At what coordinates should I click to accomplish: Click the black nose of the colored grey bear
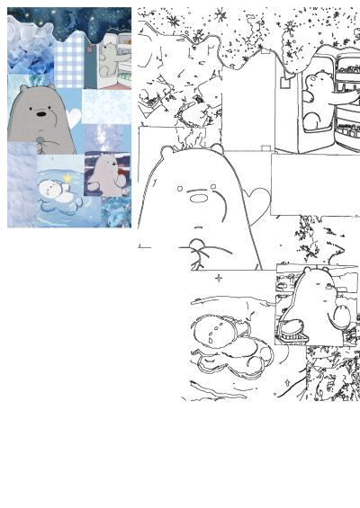click(x=40, y=114)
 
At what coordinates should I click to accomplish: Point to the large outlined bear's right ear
click(x=216, y=148)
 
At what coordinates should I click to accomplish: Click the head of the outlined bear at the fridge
click(x=316, y=85)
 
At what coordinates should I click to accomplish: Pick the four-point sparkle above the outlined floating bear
click(x=218, y=278)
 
